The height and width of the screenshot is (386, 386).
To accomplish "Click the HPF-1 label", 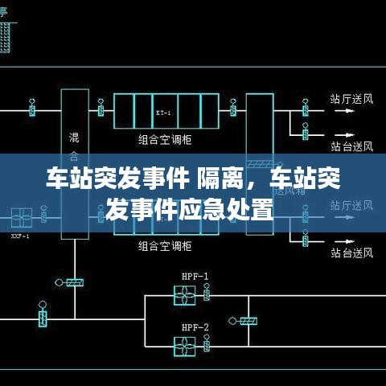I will (x=195, y=277).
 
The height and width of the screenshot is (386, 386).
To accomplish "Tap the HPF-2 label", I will (x=195, y=326).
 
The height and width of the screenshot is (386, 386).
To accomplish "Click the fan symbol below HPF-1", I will (x=185, y=295).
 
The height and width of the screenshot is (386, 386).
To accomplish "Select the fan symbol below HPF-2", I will (x=185, y=346).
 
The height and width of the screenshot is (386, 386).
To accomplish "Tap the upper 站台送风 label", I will (x=352, y=146).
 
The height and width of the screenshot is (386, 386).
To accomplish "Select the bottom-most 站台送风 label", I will (x=352, y=254).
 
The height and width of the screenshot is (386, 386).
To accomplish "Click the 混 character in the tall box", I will (x=74, y=136).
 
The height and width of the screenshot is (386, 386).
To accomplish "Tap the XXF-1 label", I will (x=21, y=236).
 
